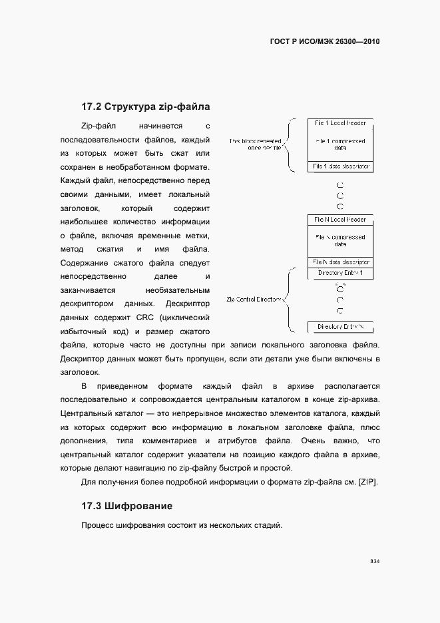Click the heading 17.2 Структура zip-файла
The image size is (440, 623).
146,106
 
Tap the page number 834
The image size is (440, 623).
375,562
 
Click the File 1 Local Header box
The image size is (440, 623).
340,124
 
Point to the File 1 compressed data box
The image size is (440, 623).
340,144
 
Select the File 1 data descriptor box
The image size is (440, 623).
340,166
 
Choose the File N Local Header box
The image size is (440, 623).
340,220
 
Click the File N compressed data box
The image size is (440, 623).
340,240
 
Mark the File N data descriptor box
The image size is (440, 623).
340,262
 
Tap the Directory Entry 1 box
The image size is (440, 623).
340,274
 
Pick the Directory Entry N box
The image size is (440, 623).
340,327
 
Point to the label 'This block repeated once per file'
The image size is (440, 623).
256,144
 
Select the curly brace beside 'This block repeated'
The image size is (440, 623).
289,144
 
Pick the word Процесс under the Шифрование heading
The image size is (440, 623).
97,526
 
